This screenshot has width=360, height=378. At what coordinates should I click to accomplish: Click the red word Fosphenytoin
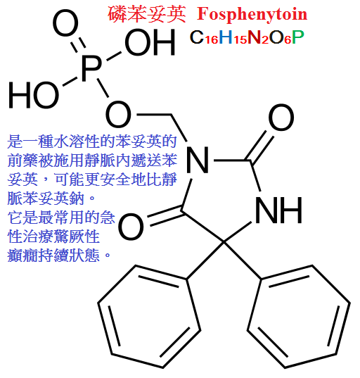coord(252,15)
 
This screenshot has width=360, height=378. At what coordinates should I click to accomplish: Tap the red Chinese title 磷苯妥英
coord(146,15)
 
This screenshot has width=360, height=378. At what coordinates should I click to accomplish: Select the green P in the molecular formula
coord(298,37)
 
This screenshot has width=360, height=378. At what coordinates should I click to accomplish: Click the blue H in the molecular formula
coord(226,37)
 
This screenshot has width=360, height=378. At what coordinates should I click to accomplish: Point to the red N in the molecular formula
coord(255,37)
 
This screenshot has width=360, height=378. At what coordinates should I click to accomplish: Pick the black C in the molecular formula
coord(197,37)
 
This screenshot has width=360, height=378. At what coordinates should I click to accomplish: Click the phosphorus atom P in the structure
coord(91,69)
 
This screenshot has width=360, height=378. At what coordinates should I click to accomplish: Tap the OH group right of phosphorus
coord(150,43)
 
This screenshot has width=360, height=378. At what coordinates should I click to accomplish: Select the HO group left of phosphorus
coord(34,95)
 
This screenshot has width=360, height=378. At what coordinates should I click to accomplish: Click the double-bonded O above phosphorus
coord(65,24)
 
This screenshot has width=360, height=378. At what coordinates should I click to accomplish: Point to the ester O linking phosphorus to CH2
coord(119,114)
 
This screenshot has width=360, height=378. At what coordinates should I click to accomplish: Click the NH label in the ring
coord(278,210)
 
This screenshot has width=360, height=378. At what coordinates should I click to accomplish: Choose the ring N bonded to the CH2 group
coord(198,160)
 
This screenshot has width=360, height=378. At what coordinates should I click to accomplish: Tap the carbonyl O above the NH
coord(281,118)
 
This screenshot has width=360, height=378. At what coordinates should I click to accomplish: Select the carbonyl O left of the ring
coord(131,227)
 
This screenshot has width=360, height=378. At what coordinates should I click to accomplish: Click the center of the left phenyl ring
coord(149,316)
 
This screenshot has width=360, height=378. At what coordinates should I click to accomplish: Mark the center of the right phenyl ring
coord(299,316)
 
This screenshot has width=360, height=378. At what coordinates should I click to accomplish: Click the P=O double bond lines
coord(78,45)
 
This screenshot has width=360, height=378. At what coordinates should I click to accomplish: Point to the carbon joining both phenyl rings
coord(224,242)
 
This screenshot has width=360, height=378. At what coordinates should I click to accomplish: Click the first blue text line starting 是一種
coord(92,141)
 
